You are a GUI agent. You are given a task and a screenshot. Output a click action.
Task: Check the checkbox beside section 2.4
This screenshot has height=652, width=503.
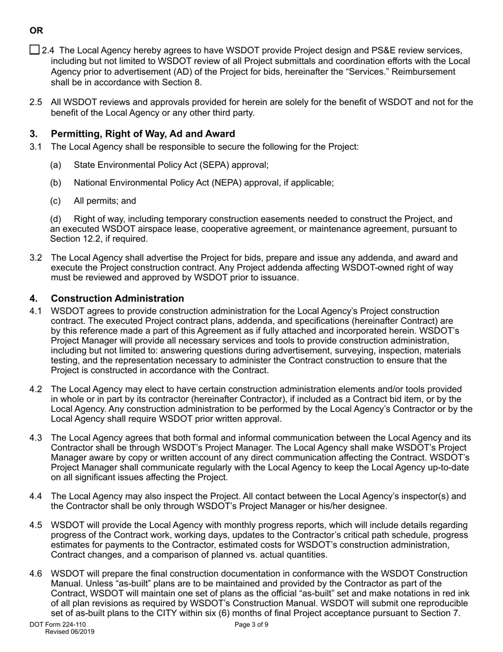tap(34, 50)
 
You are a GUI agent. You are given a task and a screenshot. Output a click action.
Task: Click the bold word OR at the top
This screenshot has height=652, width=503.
tap(37, 31)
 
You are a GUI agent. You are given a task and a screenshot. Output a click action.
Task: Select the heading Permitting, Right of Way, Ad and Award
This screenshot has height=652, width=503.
tap(143, 134)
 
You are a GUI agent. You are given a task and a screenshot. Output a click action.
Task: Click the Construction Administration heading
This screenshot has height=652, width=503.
tap(118, 298)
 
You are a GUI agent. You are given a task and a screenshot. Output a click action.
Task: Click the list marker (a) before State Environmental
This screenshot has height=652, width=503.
tap(56, 165)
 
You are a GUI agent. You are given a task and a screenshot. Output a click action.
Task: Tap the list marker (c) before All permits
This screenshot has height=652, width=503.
tap(56, 201)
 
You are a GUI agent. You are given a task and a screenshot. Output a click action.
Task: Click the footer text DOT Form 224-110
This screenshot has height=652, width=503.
tap(58, 624)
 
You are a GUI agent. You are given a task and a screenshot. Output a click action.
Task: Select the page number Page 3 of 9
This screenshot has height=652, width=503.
tap(251, 624)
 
